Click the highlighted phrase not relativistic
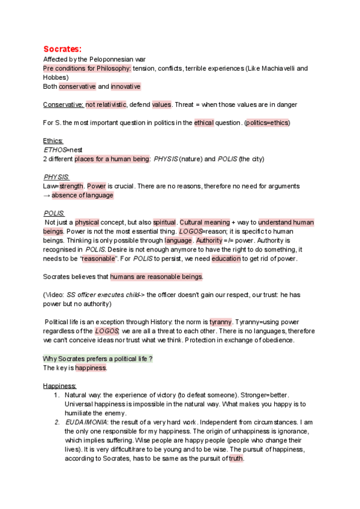106,104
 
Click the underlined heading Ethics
53,141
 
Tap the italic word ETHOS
55,150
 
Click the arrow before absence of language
47,195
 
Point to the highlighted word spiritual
164,223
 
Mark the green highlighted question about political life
98,358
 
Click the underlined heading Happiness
59,385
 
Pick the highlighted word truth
236,458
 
